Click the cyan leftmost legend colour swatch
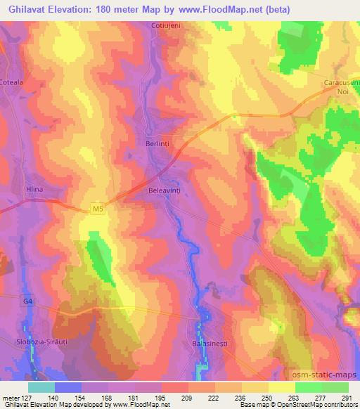[x=41, y=387]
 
